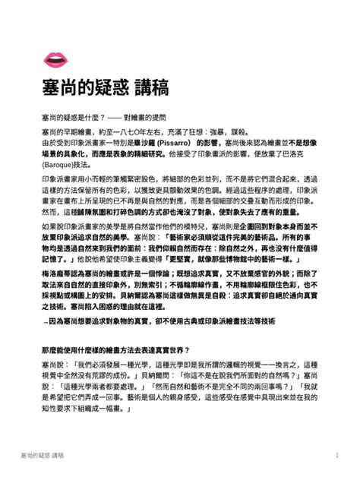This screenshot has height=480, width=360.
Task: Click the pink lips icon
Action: (x=55, y=58)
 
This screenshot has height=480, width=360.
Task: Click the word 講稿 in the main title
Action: (x=152, y=85)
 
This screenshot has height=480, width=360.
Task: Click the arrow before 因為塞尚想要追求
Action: (x=46, y=322)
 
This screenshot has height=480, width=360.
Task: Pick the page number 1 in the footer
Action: (x=336, y=455)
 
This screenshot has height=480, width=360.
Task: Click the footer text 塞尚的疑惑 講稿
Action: (x=43, y=455)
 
